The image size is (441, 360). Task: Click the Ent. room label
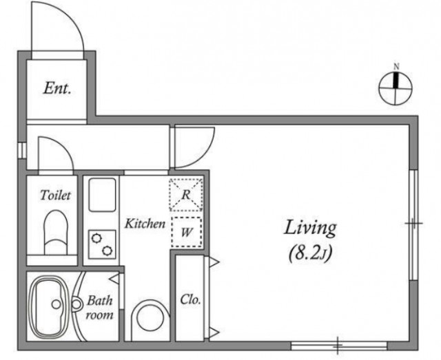tap(57, 88)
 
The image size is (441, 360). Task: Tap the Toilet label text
tap(55, 195)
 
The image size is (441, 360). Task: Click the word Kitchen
tap(145, 224)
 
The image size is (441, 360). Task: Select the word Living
tap(310, 229)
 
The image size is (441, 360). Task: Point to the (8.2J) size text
tap(311, 253)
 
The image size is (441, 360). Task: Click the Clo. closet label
tap(190, 299)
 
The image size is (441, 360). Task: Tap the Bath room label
tap(99, 308)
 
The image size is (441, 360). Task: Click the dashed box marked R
tap(185, 195)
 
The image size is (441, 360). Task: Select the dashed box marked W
tap(187, 232)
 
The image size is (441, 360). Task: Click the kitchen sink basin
tap(102, 195)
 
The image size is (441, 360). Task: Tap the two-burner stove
tap(102, 244)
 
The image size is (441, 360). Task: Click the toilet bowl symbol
tap(56, 232)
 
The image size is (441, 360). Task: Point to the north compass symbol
tap(396, 88)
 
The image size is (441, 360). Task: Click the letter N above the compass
tap(396, 67)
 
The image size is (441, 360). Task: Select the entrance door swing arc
tap(75, 21)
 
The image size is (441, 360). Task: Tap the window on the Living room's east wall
tap(413, 225)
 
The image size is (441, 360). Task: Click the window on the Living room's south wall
tap(339, 346)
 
